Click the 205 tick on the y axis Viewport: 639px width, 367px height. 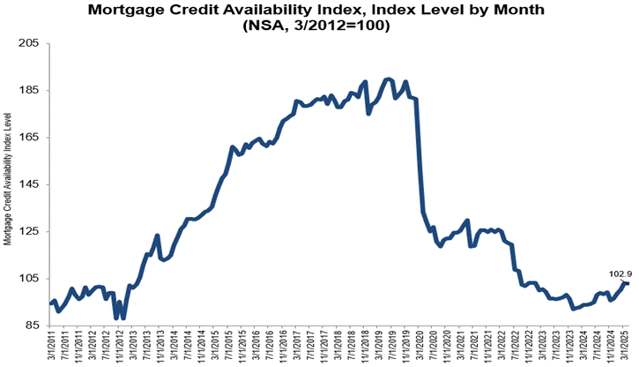(33, 43)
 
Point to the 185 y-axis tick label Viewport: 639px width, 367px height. (33, 90)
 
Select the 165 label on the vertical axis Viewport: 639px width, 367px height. (33, 138)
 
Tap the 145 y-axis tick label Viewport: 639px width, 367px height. (33, 184)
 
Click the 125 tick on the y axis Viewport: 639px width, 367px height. (33, 231)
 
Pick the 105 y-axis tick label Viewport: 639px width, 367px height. (33, 279)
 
